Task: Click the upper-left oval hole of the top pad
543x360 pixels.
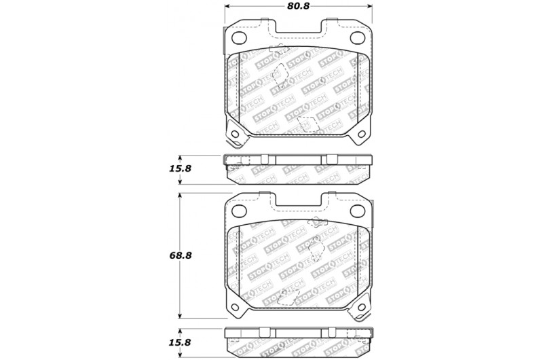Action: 238,37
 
